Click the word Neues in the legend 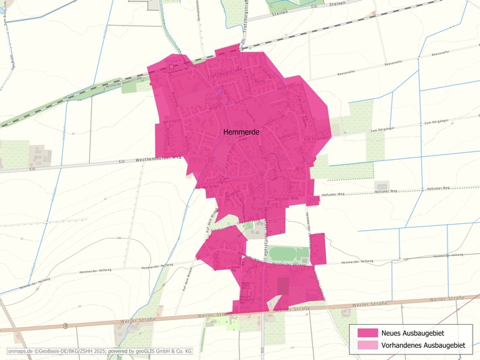[x=393, y=333]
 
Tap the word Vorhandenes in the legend [x=404, y=346]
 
